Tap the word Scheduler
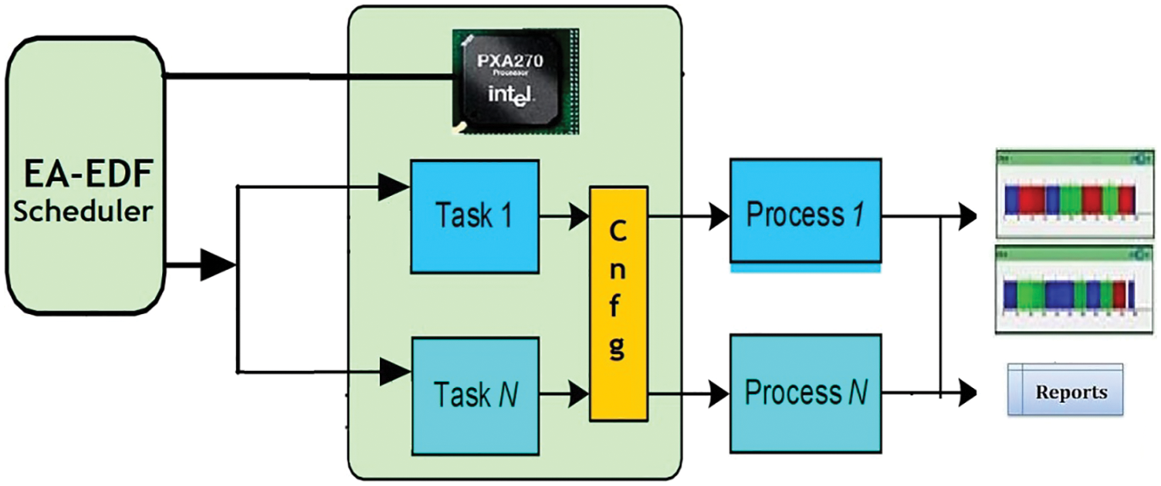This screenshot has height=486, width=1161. coord(85,211)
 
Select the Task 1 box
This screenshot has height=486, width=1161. coord(474,216)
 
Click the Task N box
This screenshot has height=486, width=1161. coord(474,395)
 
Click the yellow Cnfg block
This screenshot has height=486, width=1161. coord(618,303)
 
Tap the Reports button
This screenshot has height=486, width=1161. coord(1065,391)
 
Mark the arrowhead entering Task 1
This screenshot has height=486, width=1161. coord(396,185)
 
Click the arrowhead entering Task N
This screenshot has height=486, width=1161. coord(396,373)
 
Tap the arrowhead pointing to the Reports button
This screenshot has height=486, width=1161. coord(966,393)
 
